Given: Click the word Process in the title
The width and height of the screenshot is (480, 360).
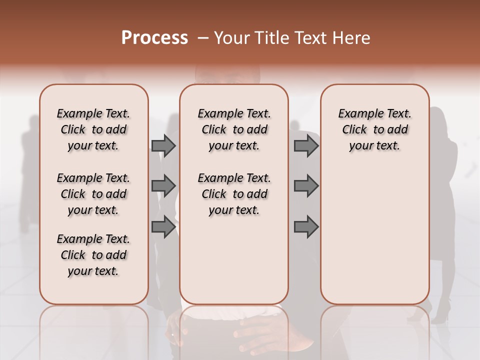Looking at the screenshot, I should [x=154, y=38].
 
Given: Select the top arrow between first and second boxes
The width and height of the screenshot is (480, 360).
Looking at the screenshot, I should [x=163, y=145].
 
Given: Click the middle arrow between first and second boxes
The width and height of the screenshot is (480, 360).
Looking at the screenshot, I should [x=163, y=186].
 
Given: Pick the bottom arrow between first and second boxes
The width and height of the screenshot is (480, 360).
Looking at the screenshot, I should [x=163, y=226].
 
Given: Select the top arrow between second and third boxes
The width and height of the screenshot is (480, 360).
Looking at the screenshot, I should [x=306, y=145].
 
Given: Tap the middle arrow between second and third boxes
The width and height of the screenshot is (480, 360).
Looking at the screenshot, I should [x=306, y=186].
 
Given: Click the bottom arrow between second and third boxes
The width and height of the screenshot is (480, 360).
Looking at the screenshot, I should [x=306, y=226].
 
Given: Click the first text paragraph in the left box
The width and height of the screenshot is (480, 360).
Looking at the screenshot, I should [x=93, y=129].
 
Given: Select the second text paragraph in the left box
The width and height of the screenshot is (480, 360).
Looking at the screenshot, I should [x=93, y=194].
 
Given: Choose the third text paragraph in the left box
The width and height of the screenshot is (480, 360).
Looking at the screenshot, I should [x=93, y=255].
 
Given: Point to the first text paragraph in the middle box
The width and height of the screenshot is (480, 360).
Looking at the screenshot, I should [x=234, y=129].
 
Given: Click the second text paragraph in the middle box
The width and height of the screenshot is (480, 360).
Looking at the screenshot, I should [x=234, y=194].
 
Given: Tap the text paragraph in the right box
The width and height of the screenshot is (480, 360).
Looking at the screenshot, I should [x=375, y=129].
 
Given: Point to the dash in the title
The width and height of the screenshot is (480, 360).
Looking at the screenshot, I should [x=203, y=38].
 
